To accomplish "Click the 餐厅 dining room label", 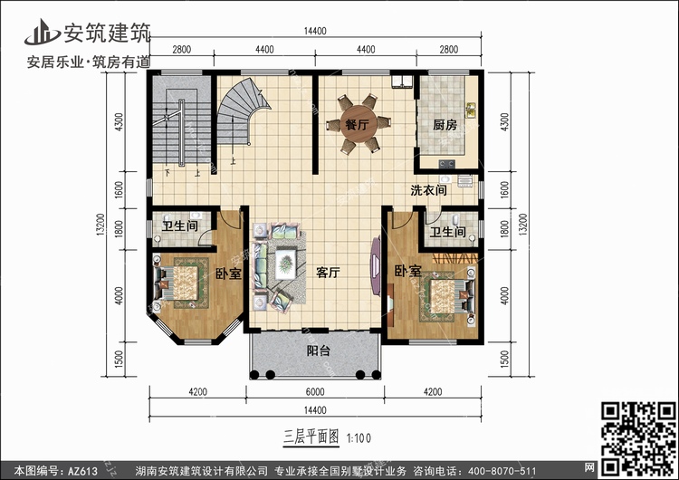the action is [x=357, y=125].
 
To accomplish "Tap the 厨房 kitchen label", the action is [x=445, y=125].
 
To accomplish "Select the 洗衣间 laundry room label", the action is [x=428, y=190].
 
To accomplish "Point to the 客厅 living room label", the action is [x=328, y=273].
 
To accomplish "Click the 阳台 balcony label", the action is [x=319, y=350].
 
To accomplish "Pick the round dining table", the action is [x=359, y=124].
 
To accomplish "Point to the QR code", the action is [x=638, y=438].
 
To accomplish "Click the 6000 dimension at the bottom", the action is [x=315, y=392].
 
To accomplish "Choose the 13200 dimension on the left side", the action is [x=100, y=225].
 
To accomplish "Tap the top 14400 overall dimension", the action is [x=315, y=31].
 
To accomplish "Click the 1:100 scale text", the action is [x=359, y=438].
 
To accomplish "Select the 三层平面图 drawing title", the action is [x=311, y=437].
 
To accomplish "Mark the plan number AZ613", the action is [x=82, y=471].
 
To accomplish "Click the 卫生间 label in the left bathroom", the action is [x=180, y=226].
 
